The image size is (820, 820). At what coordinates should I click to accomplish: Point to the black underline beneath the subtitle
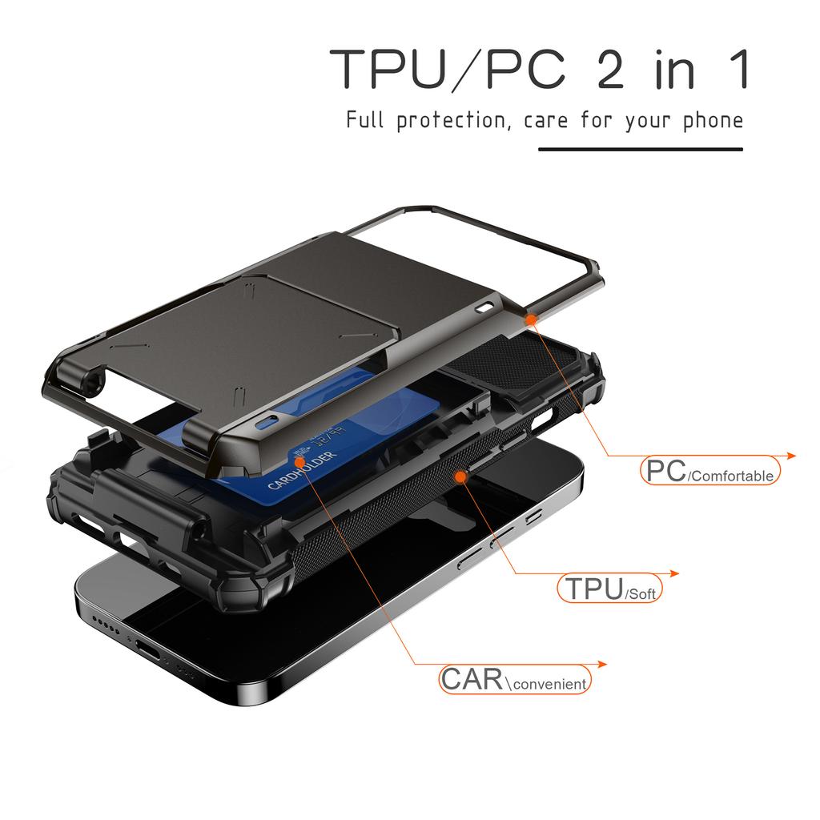point(640,149)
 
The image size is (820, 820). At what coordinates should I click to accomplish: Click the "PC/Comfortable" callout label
point(710,472)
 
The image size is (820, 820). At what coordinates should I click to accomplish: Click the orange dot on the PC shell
point(530,319)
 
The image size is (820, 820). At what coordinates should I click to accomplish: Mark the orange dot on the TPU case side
point(460,477)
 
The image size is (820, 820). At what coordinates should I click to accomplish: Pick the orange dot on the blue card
point(298,462)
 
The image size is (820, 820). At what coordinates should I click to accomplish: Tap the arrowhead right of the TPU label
point(674,573)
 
